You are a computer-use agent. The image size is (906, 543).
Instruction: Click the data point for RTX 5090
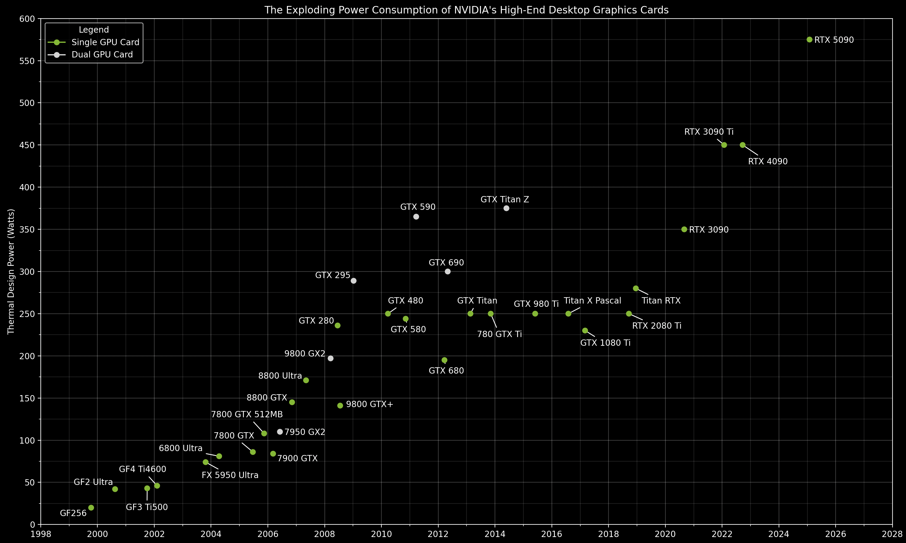point(809,40)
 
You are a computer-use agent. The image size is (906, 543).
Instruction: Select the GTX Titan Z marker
point(506,208)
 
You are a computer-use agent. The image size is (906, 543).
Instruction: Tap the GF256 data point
point(91,507)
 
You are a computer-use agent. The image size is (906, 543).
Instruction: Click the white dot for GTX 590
point(416,217)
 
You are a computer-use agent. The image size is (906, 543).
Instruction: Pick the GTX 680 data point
point(444,360)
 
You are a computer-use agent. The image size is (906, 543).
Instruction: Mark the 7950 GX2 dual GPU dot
point(280,432)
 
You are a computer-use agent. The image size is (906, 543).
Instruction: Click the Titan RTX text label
point(661,301)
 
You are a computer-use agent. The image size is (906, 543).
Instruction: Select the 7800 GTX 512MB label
point(247,415)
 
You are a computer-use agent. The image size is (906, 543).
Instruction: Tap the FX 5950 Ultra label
point(230,475)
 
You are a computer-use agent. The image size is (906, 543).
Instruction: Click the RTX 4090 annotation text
point(768,161)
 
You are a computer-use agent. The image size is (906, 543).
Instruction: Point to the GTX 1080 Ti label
point(605,343)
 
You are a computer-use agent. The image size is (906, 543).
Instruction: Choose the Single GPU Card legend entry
point(105,43)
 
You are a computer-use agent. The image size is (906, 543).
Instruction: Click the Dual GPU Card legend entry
point(102,54)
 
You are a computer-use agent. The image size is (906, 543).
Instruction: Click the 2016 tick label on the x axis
point(552,534)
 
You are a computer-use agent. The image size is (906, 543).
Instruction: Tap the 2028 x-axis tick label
point(892,534)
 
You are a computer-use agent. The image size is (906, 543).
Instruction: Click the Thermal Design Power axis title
point(11,271)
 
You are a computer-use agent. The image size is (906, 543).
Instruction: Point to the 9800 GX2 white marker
point(330,358)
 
